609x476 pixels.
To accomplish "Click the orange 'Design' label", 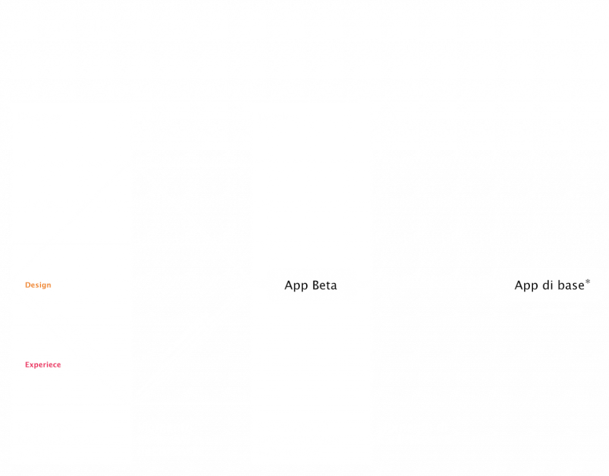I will (38, 285).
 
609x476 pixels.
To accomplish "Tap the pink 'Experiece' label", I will (43, 365).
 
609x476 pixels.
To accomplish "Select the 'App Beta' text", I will (310, 286).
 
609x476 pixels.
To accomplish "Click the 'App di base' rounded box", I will (551, 285).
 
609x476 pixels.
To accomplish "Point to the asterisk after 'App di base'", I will (588, 281).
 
